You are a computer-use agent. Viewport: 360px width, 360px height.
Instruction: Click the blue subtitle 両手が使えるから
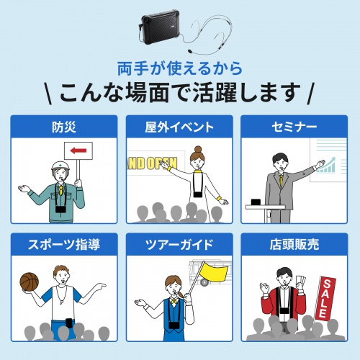[179, 70]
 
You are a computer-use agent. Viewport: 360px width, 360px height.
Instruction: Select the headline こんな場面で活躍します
[179, 94]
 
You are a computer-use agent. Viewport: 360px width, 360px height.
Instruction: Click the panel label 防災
[63, 127]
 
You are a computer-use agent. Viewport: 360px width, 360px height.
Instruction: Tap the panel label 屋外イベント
[179, 127]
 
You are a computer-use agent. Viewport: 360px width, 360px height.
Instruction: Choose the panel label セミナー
[295, 127]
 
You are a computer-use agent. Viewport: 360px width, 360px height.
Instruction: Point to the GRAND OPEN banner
[151, 163]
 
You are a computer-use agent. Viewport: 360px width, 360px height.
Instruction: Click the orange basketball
[31, 282]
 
